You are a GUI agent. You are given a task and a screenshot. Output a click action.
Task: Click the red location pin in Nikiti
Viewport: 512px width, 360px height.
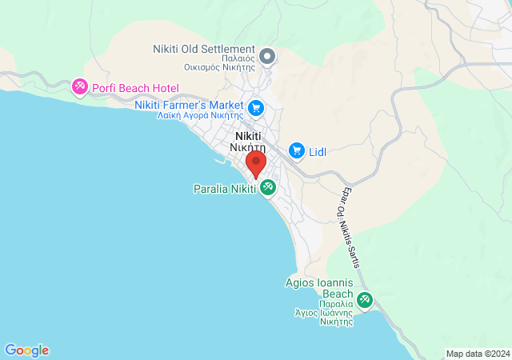(256, 164)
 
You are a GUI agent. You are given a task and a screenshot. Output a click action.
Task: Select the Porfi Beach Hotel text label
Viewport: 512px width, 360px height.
(136, 88)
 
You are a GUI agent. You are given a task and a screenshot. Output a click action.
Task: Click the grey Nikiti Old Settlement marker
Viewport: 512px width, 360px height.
(268, 56)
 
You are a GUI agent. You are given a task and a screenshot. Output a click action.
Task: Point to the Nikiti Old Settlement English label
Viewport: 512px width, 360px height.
(203, 49)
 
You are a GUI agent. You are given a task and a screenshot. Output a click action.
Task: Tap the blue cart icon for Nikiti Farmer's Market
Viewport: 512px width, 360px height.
(256, 106)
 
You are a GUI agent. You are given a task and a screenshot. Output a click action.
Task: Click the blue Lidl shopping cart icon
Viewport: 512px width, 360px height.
(297, 150)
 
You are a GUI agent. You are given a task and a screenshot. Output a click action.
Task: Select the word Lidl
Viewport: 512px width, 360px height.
(318, 150)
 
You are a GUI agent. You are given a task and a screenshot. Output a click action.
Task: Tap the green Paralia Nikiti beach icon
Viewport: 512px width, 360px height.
(268, 189)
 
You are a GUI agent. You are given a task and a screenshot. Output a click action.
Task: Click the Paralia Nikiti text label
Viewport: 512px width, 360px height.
(224, 189)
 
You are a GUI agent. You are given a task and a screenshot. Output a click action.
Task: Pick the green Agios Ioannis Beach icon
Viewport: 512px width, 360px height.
(365, 300)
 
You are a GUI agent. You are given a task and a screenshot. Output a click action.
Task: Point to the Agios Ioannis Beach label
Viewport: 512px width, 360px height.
(319, 288)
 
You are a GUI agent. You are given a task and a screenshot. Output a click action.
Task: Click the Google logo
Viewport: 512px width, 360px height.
(26, 350)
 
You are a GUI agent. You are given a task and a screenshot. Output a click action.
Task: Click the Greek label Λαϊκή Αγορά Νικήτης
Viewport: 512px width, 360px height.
(200, 115)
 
